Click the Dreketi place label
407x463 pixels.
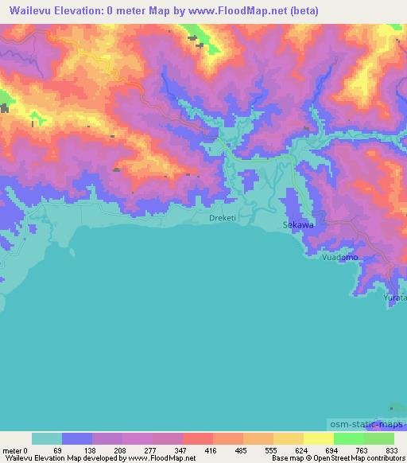point(223,217)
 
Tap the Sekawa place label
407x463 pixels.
point(299,225)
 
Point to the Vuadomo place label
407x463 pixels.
point(339,258)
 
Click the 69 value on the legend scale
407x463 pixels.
point(57,450)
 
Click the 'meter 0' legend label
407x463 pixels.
point(14,450)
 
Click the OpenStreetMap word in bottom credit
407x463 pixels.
point(342,458)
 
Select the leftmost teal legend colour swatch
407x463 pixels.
point(47,438)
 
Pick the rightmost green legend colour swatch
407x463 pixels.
point(379,438)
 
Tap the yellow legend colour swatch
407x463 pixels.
point(318,438)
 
